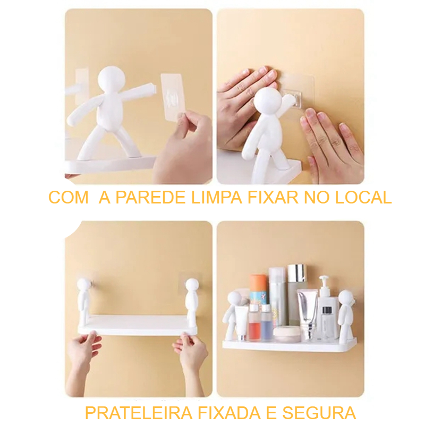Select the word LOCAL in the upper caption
click(x=363, y=197)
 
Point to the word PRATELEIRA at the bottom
click(x=139, y=413)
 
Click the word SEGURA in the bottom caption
click(x=319, y=413)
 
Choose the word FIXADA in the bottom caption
click(x=230, y=413)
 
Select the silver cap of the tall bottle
click(x=297, y=273)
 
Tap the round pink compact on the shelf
click(x=286, y=334)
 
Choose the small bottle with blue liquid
click(x=266, y=322)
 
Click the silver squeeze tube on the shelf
click(x=308, y=314)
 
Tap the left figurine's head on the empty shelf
click(x=83, y=285)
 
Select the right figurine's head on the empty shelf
click(x=192, y=285)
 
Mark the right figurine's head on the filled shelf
click(x=345, y=297)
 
